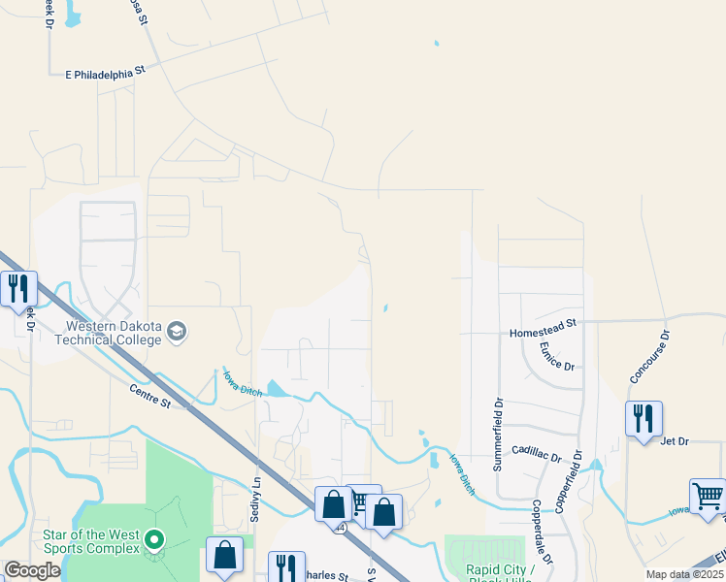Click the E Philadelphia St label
pyautogui.click(x=105, y=73)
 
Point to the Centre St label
pyautogui.click(x=149, y=395)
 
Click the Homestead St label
pyautogui.click(x=544, y=333)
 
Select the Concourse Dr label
pyautogui.click(x=663, y=356)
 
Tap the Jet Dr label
pyautogui.click(x=674, y=441)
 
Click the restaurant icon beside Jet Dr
pyautogui.click(x=643, y=419)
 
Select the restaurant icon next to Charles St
pyautogui.click(x=286, y=567)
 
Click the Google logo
pyautogui.click(x=32, y=570)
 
